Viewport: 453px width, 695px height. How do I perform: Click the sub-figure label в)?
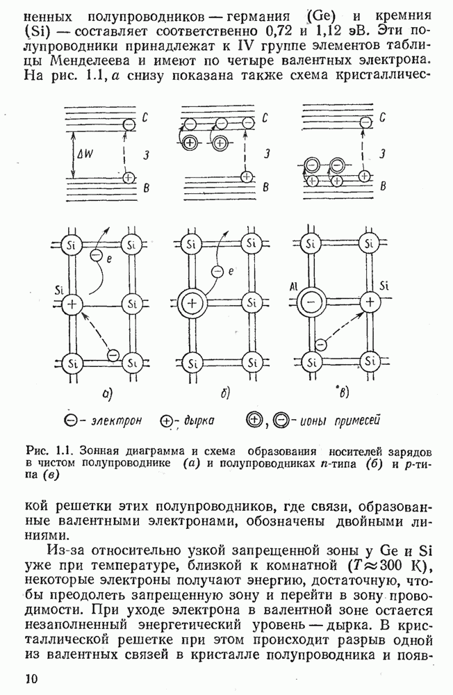pos(343,394)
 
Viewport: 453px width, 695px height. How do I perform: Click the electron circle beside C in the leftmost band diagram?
pos(128,125)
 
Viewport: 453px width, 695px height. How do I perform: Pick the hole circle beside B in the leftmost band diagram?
pos(128,178)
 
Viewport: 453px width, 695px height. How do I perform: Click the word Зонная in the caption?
pos(99,450)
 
